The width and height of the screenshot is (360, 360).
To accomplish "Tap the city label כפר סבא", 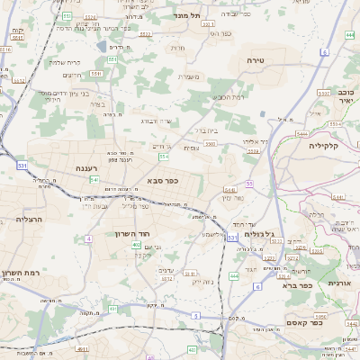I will [x=162, y=180].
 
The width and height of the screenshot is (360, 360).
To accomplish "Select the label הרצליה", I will [x=28, y=219].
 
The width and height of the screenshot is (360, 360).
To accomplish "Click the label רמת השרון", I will [x=20, y=273].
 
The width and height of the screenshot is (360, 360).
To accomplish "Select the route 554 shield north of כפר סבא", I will [x=164, y=157].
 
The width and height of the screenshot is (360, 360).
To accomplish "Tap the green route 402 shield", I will [x=136, y=245].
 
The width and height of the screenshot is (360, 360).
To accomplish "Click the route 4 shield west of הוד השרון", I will [x=90, y=238].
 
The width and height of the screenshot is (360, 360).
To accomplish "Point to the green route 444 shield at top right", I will [x=348, y=35].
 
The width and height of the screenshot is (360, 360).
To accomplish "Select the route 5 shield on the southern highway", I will [x=195, y=315].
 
